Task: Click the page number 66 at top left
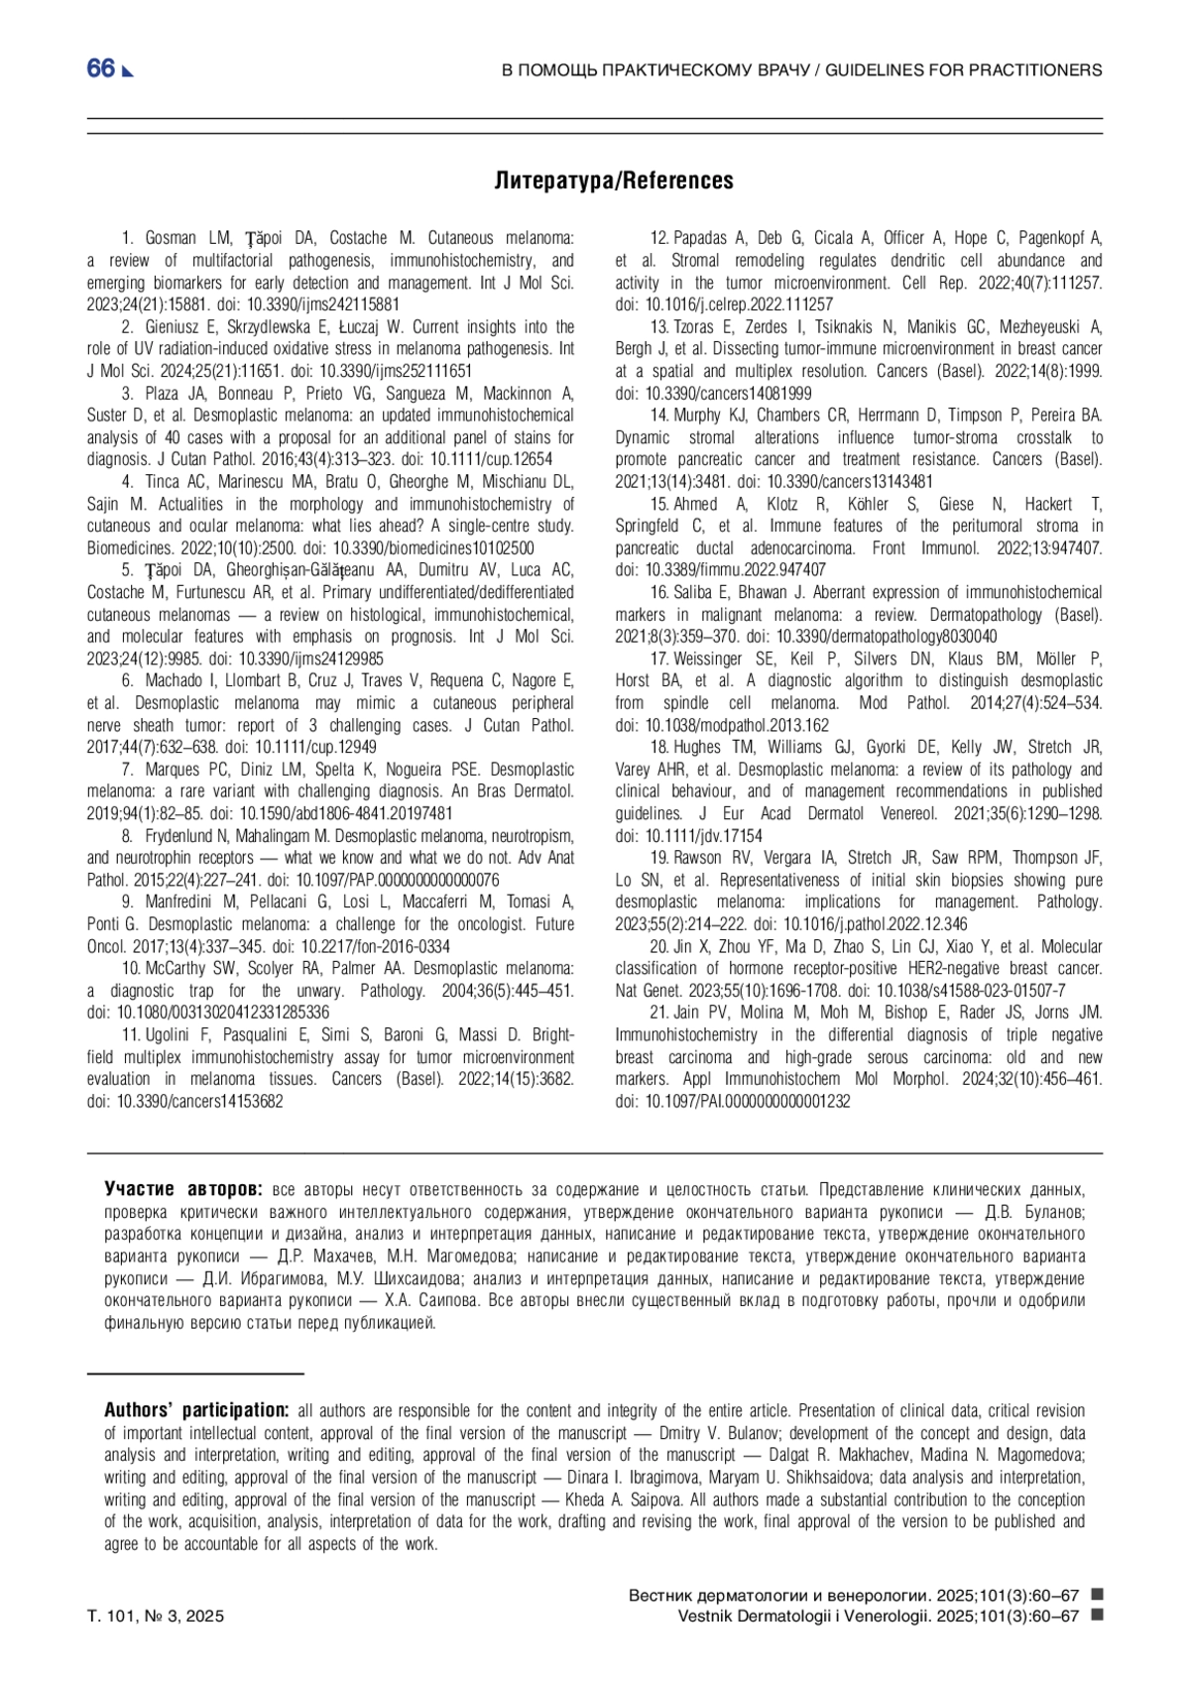[101, 68]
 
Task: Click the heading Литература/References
[615, 180]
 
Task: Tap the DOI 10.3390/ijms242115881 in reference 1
[323, 304]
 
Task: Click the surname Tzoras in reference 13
[697, 326]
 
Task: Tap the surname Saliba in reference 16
[695, 592]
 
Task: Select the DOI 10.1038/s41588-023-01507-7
[955, 990]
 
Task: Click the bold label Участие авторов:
[183, 1189]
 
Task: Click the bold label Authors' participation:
[196, 1410]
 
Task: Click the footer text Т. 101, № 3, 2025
[156, 1616]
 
